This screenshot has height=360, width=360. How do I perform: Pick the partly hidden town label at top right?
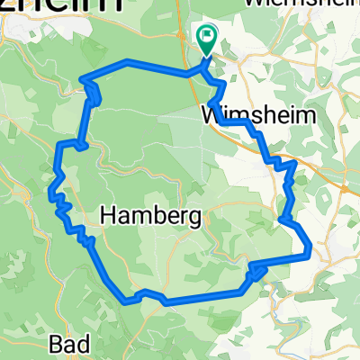click(288, 4)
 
